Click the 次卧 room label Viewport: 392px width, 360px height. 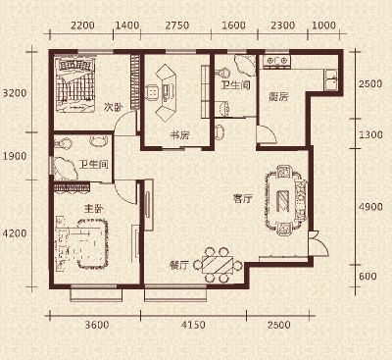(113, 107)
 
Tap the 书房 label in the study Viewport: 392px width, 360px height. (180, 134)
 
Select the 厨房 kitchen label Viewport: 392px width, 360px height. (278, 96)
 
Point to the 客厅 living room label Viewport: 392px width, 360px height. (243, 198)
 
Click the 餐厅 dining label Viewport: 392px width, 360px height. (179, 265)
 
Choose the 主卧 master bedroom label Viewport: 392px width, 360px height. (94, 208)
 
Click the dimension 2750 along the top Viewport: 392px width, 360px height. (176, 26)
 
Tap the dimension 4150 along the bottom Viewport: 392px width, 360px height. (193, 325)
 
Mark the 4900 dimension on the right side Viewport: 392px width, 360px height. (370, 207)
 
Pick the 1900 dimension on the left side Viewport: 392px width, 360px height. (15, 156)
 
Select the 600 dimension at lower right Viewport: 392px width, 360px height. (367, 277)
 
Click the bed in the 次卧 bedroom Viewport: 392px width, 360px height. (75, 85)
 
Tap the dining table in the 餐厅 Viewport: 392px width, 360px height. (218, 265)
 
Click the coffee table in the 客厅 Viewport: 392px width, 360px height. (283, 201)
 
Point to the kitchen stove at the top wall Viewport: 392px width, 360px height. (277, 62)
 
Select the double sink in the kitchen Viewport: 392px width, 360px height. (330, 80)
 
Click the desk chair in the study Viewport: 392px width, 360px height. (152, 92)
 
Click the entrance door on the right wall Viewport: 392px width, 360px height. (318, 243)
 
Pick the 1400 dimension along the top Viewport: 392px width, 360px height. (127, 26)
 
